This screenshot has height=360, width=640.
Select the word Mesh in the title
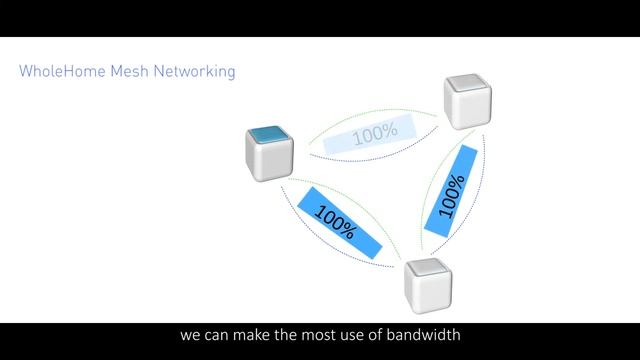124,72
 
